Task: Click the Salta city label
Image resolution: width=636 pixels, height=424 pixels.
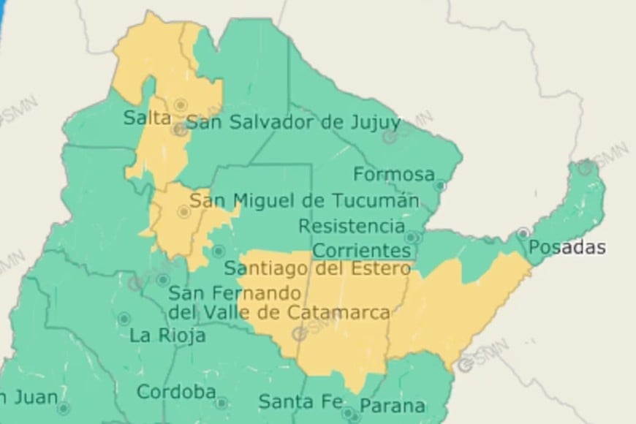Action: click(x=147, y=118)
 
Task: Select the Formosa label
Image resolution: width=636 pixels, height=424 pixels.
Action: click(x=394, y=175)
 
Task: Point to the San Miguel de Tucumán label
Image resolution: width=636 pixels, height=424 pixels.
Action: click(x=304, y=200)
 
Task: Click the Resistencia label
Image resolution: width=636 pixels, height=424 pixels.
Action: click(x=351, y=226)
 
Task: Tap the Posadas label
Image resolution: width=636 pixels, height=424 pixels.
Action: click(x=567, y=247)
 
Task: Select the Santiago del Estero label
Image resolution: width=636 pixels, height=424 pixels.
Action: click(x=317, y=269)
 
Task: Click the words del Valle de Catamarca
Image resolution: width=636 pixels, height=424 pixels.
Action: click(x=279, y=313)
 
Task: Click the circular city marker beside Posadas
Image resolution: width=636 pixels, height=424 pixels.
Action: click(x=523, y=233)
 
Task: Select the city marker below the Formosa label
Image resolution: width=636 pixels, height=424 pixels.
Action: click(x=439, y=186)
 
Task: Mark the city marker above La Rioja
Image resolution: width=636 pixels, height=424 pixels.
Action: click(x=124, y=319)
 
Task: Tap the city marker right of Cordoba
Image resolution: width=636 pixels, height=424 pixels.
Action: click(x=221, y=402)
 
